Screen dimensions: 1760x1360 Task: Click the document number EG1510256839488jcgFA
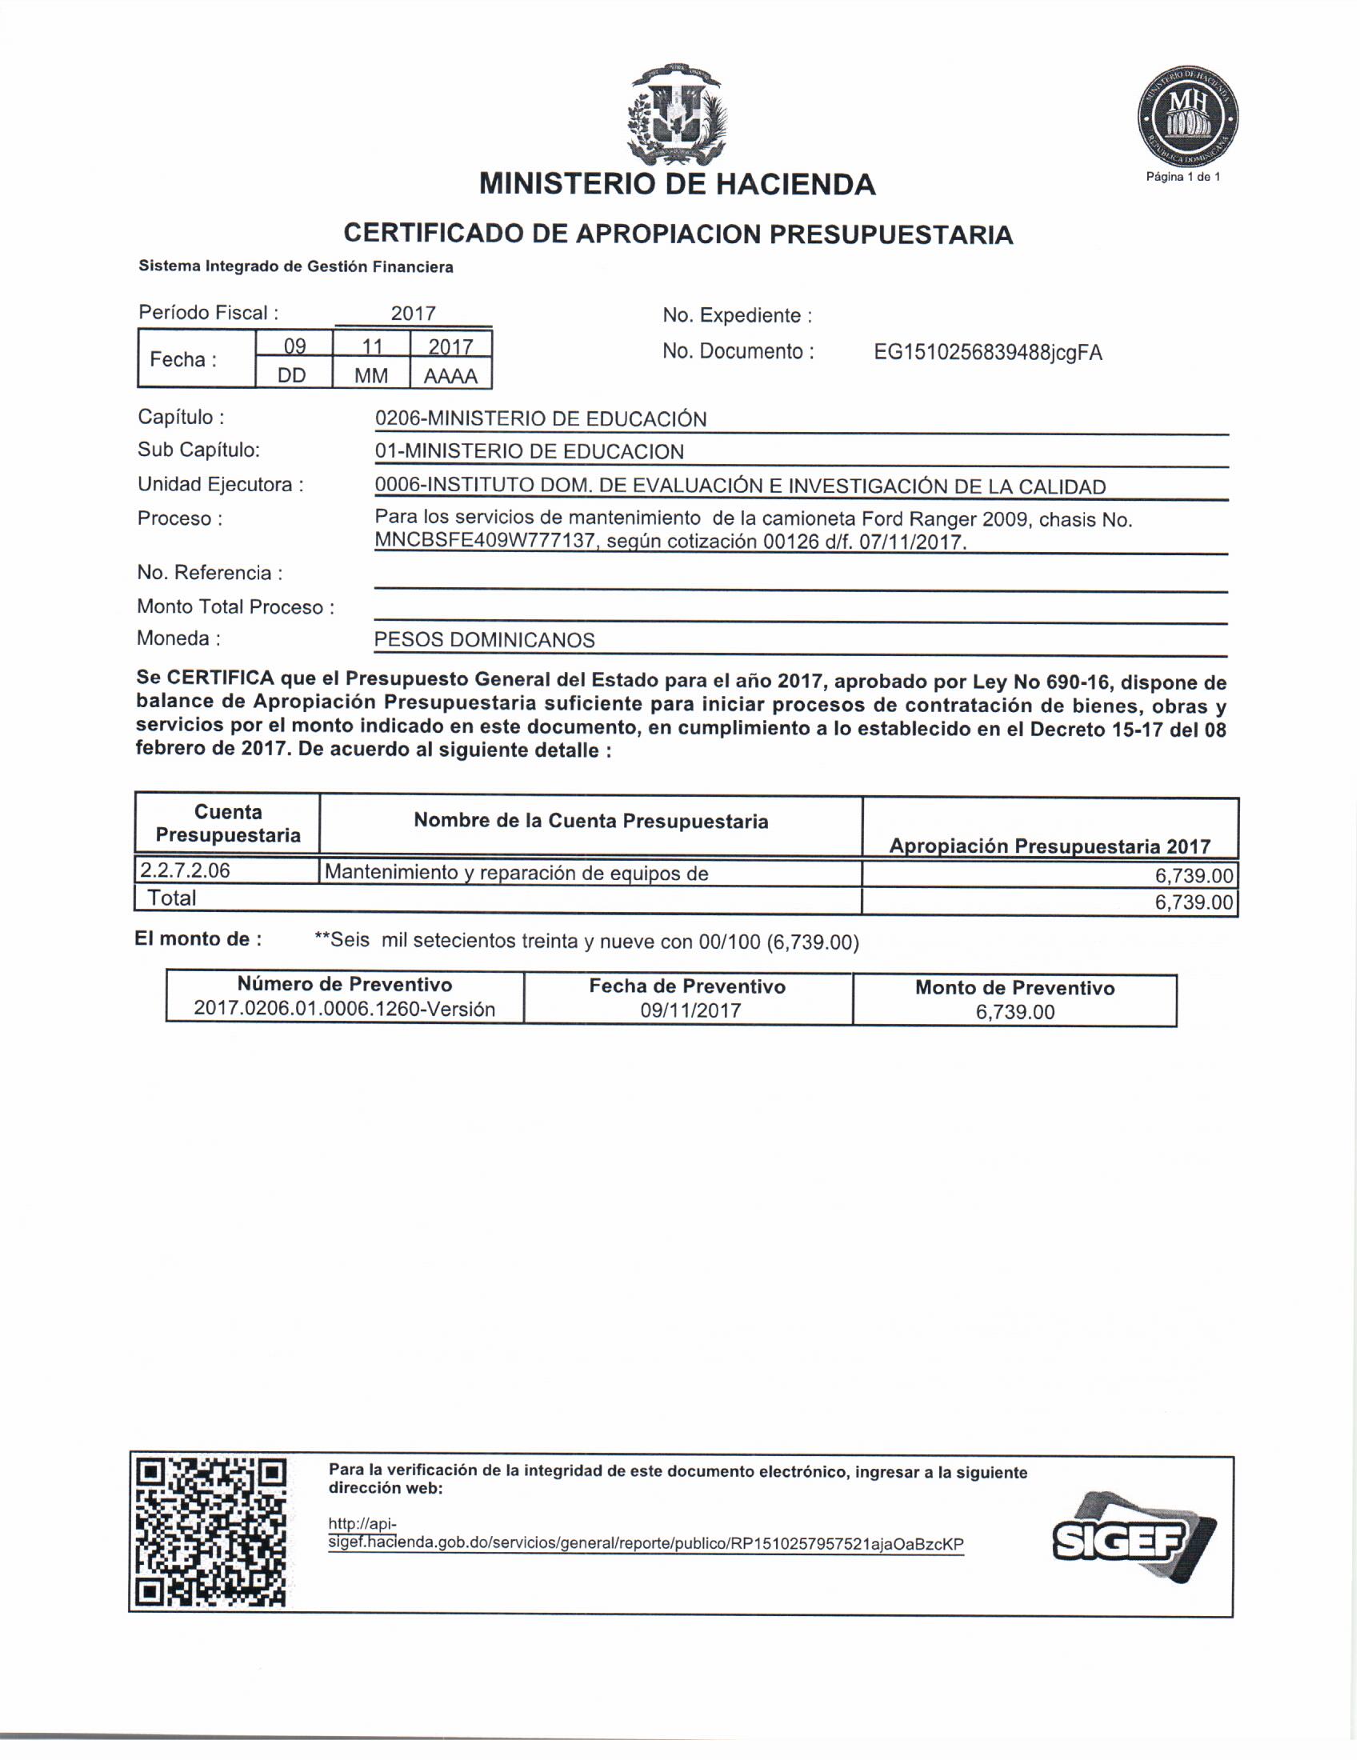pyautogui.click(x=988, y=352)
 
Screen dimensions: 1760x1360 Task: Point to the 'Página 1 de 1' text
pyautogui.click(x=1182, y=177)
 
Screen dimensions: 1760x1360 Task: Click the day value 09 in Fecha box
pyautogui.click(x=294, y=346)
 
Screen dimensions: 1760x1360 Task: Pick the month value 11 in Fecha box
pyautogui.click(x=371, y=346)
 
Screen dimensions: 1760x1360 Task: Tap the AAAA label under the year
pyautogui.click(x=450, y=375)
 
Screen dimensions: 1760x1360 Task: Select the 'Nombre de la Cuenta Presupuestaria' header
pyautogui.click(x=590, y=821)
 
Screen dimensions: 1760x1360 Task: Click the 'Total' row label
pyautogui.click(x=172, y=898)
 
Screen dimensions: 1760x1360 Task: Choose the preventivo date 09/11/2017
pyautogui.click(x=690, y=1010)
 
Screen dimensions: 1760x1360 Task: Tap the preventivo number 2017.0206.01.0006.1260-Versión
pyautogui.click(x=344, y=1009)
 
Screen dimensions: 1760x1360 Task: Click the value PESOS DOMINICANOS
pyautogui.click(x=484, y=640)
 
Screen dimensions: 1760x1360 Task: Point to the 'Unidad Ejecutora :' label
pyautogui.click(x=220, y=484)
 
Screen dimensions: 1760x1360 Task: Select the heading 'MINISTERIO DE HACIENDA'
pyautogui.click(x=677, y=185)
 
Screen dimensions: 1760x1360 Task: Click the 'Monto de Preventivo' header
pyautogui.click(x=1014, y=988)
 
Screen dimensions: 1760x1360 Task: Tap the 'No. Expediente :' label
pyautogui.click(x=736, y=315)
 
